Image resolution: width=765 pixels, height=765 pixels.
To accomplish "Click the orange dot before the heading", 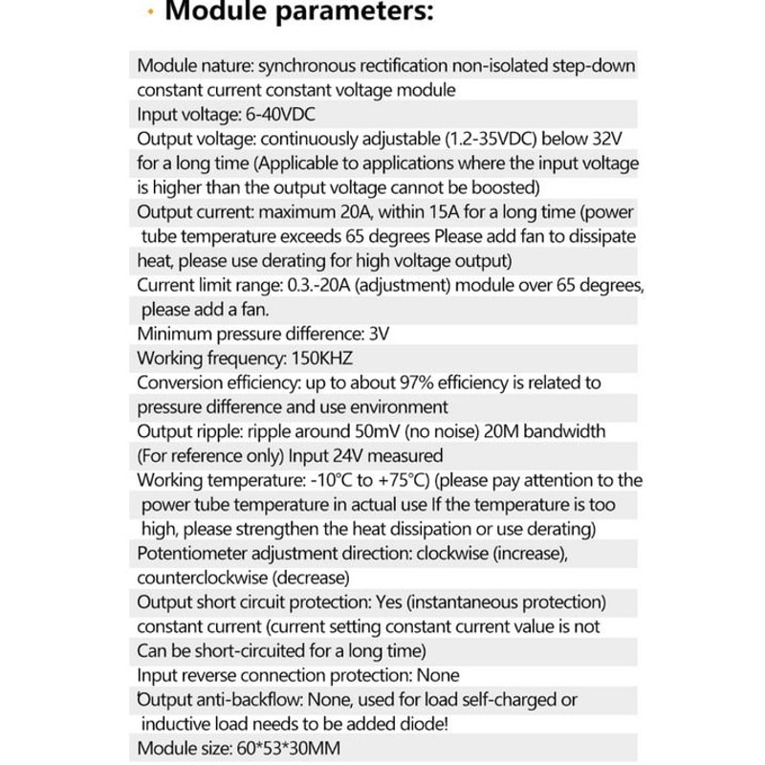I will click(x=151, y=15).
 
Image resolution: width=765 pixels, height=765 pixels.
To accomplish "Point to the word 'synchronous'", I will click(x=312, y=66).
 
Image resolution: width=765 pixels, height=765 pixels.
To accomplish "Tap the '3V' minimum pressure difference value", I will click(x=378, y=334).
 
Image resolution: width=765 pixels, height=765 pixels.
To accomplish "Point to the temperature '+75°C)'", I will click(x=404, y=480).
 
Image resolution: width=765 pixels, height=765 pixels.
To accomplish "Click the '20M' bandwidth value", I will click(x=486, y=431).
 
